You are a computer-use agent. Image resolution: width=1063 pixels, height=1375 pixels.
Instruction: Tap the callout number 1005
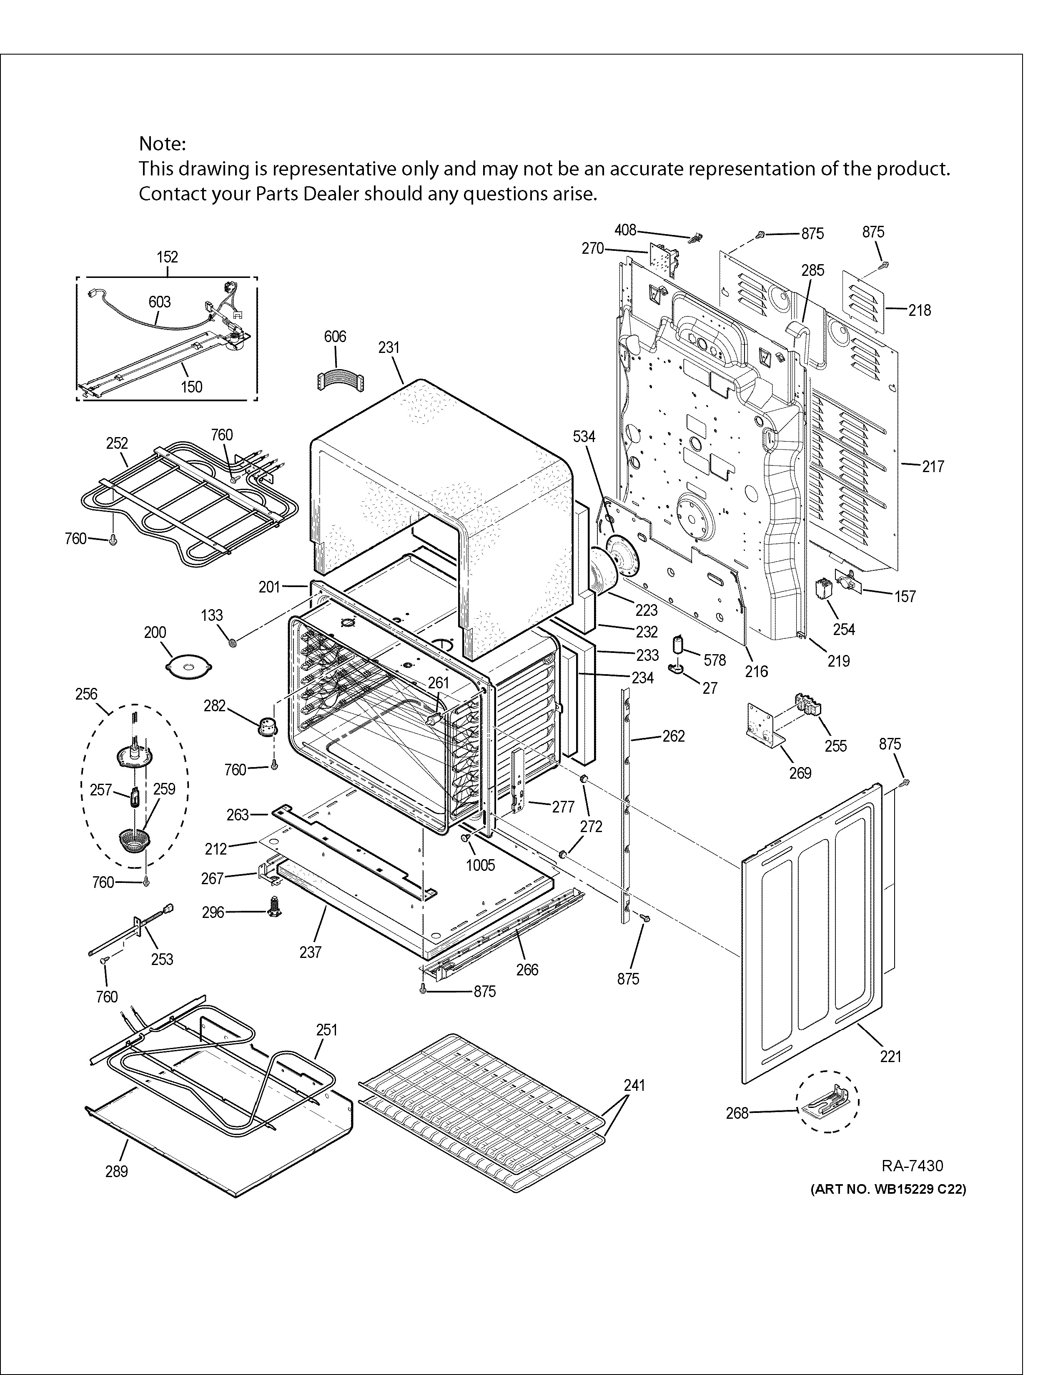[x=481, y=865]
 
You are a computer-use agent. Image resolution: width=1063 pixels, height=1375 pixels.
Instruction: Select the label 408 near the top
[x=625, y=230]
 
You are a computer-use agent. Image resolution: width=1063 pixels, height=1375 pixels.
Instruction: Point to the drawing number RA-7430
[x=912, y=1166]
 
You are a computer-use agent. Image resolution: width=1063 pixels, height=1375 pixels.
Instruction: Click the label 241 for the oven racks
[x=634, y=1085]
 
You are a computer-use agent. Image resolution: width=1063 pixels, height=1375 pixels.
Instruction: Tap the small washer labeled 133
[x=233, y=643]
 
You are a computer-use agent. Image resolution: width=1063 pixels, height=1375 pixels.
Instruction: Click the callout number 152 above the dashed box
[x=168, y=257]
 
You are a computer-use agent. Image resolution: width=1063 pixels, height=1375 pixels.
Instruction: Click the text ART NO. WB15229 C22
[x=888, y=1189]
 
